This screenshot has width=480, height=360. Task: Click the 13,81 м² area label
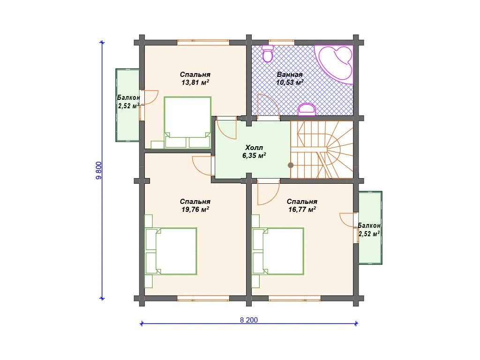point(195,82)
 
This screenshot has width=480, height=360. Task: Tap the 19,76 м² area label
point(195,210)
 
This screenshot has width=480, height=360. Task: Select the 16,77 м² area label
point(302,210)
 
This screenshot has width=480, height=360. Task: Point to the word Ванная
point(290,75)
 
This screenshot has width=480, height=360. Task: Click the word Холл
point(254,148)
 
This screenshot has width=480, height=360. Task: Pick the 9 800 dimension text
point(98,170)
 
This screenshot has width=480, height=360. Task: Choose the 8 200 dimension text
point(249,320)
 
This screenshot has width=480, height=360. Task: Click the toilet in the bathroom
point(268,53)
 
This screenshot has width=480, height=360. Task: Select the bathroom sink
point(307,110)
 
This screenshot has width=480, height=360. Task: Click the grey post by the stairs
point(291,165)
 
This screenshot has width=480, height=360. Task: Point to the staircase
point(322,150)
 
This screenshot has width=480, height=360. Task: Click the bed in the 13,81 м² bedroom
point(187,122)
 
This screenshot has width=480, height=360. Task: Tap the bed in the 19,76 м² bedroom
point(171,251)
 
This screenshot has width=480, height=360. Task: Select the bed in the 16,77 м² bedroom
point(278,251)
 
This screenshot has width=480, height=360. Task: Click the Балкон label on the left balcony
point(128,97)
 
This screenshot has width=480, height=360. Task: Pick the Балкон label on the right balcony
point(369,225)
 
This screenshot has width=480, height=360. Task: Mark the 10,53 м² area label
point(290,82)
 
